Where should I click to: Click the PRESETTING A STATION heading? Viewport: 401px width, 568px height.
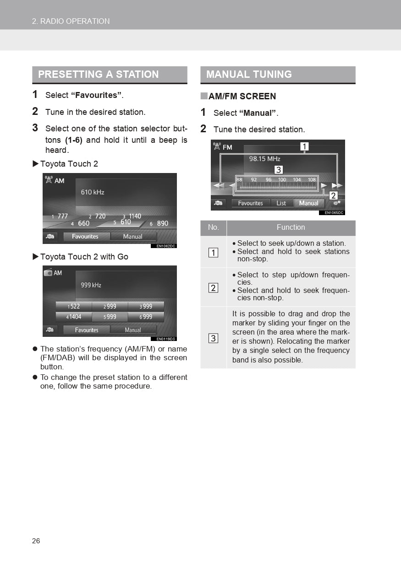[x=99, y=74]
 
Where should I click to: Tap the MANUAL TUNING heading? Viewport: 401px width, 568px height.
[x=249, y=74]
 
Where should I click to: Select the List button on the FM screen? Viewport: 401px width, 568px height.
[x=281, y=203]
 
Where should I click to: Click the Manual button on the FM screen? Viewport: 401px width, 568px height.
[x=308, y=203]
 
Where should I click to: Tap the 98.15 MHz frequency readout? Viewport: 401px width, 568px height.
[x=264, y=159]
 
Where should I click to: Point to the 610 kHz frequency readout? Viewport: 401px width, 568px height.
[x=93, y=192]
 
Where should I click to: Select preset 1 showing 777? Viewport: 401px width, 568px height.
[x=60, y=216]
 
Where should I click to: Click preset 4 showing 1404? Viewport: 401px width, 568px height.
[x=74, y=317]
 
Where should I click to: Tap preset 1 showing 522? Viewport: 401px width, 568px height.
[x=74, y=307]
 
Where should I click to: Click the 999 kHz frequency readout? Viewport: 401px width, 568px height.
[x=91, y=285]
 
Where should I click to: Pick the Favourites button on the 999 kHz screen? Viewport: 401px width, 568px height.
[x=87, y=330]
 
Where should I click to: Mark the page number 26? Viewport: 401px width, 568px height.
[x=36, y=541]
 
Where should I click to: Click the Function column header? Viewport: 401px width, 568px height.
[x=291, y=227]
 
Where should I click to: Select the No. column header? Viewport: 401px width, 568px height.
[x=213, y=227]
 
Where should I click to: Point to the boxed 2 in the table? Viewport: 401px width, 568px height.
[x=213, y=288]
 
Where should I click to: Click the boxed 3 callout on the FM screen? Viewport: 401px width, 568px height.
[x=278, y=170]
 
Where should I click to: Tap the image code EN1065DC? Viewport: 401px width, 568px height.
[x=331, y=213]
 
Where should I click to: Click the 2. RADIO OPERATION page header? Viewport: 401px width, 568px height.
[x=71, y=21]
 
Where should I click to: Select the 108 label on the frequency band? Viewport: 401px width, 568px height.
[x=312, y=180]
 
